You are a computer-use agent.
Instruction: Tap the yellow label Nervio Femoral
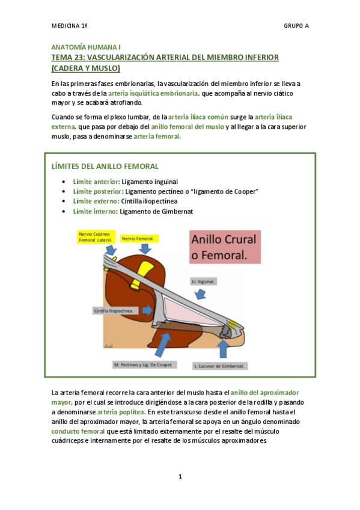(138, 239)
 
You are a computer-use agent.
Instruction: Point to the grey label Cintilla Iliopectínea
(115, 311)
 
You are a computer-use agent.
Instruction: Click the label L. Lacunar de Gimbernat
(221, 365)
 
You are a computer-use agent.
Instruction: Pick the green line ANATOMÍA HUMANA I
(86, 46)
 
